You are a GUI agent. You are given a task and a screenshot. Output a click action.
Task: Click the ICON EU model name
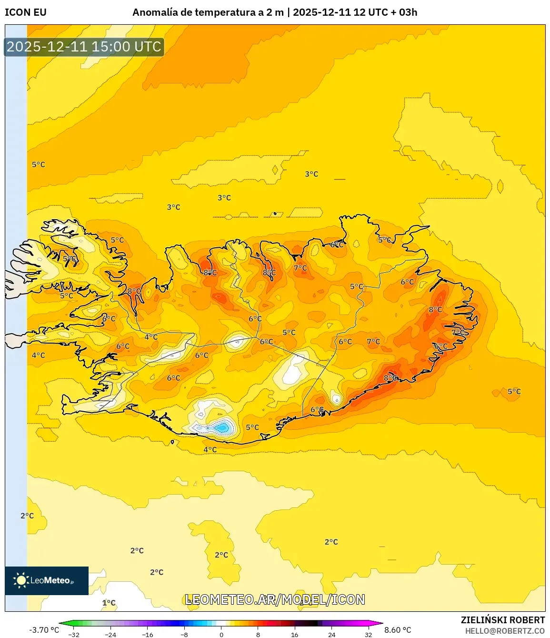[x=26, y=12]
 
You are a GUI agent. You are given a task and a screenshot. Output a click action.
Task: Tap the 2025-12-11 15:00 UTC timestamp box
[x=84, y=47]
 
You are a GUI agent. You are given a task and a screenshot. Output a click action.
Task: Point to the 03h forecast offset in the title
[x=408, y=12]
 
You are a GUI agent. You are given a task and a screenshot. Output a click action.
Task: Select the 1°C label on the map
[x=109, y=603]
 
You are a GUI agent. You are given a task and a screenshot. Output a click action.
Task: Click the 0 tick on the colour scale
[x=221, y=634]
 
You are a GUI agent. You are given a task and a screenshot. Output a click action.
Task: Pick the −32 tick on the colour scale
[x=74, y=634]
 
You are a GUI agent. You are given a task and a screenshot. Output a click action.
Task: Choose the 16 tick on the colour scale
[x=295, y=634]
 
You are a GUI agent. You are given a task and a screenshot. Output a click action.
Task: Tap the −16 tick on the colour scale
[x=148, y=634]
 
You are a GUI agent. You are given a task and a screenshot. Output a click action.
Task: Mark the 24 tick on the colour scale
[x=331, y=634]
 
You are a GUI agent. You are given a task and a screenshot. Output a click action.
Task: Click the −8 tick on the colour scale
[x=184, y=634]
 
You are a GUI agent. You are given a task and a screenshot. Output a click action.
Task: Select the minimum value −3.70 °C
[x=44, y=630]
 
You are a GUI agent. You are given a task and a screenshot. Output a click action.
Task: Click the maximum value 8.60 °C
[x=398, y=630]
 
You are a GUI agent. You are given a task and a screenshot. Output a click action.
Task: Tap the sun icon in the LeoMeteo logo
[x=21, y=580]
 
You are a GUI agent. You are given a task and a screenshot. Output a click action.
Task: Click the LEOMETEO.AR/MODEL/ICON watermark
[x=275, y=599]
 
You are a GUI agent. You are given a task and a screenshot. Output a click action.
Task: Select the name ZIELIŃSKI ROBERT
[x=502, y=620]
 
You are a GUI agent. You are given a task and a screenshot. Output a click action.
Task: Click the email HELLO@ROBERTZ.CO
[x=505, y=631]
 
